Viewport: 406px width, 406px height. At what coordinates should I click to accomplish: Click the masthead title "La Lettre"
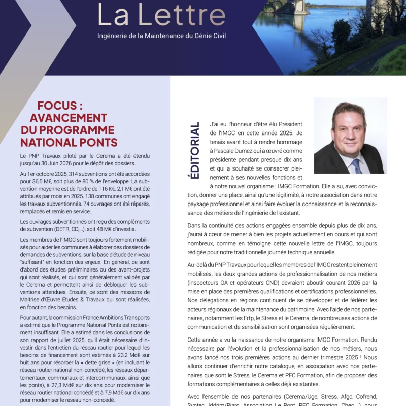click(x=161, y=15)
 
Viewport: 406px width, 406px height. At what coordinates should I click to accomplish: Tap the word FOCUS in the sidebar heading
click(x=60, y=106)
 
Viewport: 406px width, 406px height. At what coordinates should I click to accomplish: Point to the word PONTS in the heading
click(x=96, y=143)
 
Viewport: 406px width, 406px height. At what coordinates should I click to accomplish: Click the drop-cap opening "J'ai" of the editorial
click(x=216, y=125)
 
